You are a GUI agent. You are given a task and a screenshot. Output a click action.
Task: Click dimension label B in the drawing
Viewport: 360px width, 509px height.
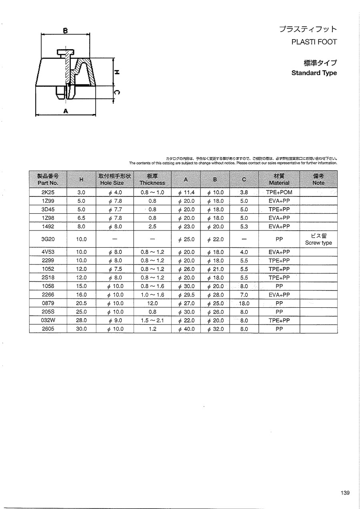tap(66, 30)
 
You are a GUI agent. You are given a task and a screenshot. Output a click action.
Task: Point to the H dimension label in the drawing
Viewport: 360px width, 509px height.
tap(117, 72)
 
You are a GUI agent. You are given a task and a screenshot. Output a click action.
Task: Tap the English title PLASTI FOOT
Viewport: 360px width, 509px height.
tap(314, 42)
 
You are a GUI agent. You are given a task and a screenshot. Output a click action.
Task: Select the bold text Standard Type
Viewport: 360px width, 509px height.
tap(314, 73)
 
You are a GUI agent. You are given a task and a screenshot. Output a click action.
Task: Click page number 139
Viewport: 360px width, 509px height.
tap(345, 493)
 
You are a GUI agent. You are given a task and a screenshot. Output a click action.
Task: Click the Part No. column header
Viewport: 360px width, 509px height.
tap(48, 179)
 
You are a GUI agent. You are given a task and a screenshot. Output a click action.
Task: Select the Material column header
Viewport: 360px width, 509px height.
tap(279, 179)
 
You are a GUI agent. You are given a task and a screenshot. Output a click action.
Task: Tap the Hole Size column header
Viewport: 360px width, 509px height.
tap(115, 179)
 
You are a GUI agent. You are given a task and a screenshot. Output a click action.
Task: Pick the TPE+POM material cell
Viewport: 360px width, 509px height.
tap(279, 192)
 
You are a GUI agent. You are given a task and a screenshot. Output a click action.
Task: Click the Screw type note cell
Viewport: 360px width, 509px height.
tap(318, 239)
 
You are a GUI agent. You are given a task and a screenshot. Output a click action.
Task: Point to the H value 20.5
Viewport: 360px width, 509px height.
tap(81, 303)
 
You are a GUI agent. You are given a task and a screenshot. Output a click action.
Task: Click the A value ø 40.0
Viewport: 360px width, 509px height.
tap(186, 329)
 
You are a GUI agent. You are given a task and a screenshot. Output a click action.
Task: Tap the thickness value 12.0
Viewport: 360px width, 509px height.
tap(152, 303)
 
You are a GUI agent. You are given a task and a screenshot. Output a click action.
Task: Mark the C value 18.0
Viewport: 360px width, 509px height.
tap(244, 303)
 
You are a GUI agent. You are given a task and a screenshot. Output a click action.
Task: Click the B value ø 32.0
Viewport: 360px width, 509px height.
tap(216, 329)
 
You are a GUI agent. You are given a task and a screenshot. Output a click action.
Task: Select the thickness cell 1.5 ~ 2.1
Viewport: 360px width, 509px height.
tap(152, 321)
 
